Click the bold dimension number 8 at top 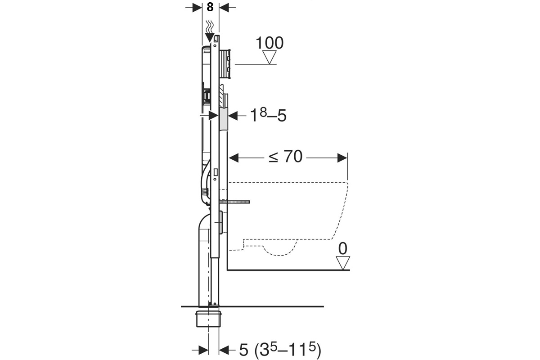[210, 7]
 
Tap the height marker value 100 [270, 43]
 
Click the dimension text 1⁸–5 [268, 115]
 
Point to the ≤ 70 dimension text [285, 157]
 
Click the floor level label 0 [342, 249]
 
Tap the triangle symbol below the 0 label [343, 263]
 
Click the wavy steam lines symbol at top [209, 27]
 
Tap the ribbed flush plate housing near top [225, 64]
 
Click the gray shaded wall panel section [224, 120]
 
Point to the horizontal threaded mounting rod [235, 202]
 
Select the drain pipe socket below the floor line [208, 319]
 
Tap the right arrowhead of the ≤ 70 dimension [342, 158]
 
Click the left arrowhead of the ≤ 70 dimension [234, 158]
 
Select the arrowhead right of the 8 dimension [224, 8]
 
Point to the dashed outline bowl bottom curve [280, 251]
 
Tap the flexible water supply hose [205, 183]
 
